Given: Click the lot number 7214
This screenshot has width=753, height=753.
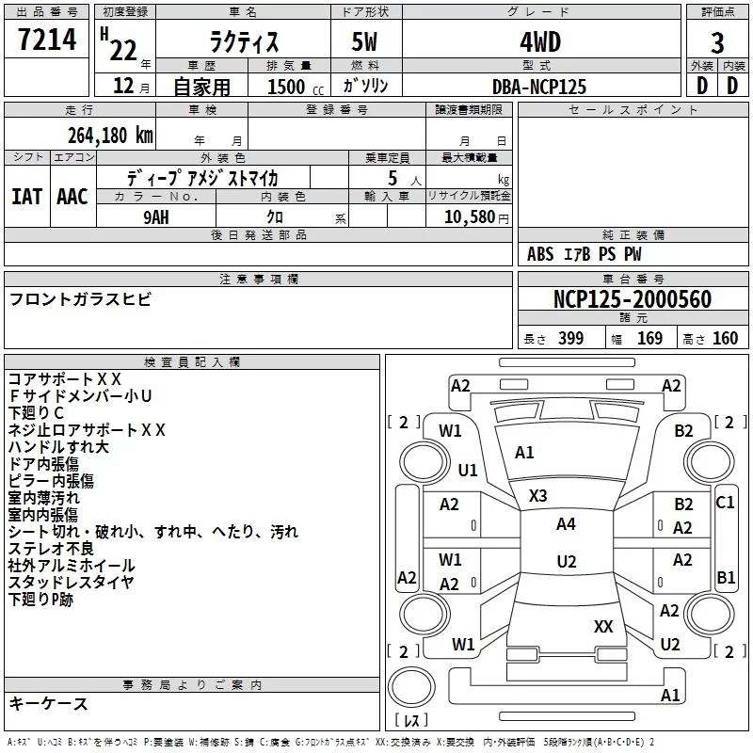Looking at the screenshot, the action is (x=47, y=40).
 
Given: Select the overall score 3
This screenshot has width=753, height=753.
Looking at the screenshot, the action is (x=717, y=43).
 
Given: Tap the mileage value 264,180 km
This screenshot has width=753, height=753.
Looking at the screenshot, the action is (x=110, y=136).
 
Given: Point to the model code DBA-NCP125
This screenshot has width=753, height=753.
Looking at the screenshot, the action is (x=539, y=87).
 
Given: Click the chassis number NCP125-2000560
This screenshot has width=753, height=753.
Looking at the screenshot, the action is (x=633, y=299).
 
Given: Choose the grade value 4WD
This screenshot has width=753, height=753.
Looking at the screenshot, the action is (x=540, y=42).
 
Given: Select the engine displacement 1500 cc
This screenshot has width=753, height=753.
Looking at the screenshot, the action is (x=296, y=87).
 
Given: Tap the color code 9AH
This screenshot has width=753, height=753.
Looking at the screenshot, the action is (x=156, y=217).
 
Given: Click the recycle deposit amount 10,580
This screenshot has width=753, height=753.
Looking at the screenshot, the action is (x=470, y=217).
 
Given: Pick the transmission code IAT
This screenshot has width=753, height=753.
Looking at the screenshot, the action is (x=27, y=197).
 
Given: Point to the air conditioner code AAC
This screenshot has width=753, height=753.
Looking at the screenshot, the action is (x=72, y=197).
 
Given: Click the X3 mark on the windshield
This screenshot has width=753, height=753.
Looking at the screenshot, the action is (x=537, y=496).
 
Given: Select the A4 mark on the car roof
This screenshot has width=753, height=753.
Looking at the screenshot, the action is (x=566, y=524).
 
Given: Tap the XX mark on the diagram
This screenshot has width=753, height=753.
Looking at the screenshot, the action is (x=603, y=626).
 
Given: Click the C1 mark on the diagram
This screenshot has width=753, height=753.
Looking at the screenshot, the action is (x=725, y=503).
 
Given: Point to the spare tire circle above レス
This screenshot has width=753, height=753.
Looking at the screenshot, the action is (x=411, y=687).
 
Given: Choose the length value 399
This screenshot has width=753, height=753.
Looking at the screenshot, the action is (x=570, y=339).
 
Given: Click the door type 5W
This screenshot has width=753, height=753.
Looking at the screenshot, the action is (x=364, y=42).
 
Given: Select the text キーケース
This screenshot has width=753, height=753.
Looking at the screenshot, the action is (x=49, y=703).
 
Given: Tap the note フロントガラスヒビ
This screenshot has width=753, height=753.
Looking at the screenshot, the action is (x=80, y=299).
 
